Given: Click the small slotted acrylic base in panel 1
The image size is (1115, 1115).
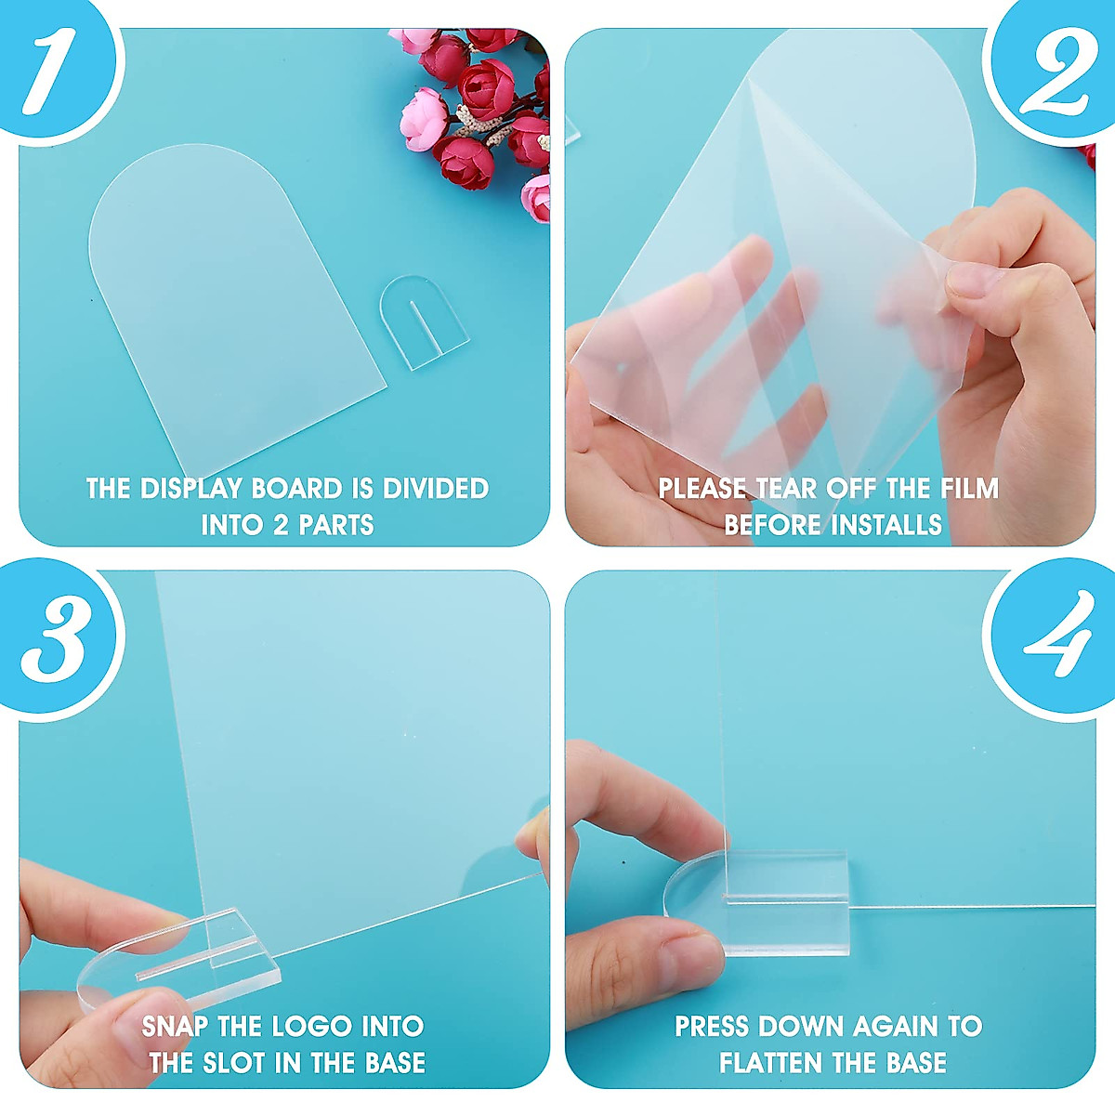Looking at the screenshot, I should point(423,321).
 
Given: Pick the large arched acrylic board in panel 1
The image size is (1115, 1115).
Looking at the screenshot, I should point(232,297).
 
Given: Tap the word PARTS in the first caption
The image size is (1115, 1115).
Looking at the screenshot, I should point(335,525).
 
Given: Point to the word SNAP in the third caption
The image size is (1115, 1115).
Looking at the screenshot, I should point(176,1027).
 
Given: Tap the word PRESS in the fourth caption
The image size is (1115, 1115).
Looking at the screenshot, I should point(712,1027).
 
